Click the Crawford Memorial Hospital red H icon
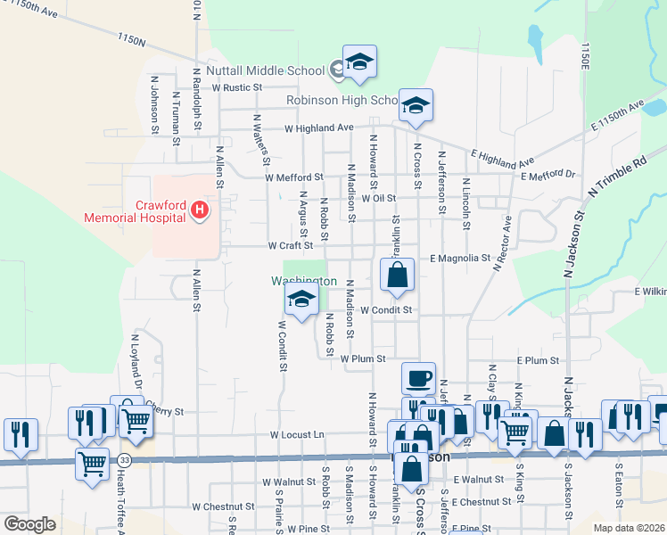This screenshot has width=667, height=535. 200,210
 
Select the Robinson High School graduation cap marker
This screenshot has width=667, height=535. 416,106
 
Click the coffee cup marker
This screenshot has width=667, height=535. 418,379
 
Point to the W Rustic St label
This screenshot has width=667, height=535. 238,87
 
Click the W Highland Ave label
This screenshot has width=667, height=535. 319,128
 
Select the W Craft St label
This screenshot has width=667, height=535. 291,245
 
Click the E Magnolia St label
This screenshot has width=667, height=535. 459,259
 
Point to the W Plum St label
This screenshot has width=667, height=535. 363,358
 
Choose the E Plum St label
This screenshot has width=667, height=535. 538,360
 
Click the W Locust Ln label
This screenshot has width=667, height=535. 298,435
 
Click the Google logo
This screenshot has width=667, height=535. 29,524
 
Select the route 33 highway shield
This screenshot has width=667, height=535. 124,459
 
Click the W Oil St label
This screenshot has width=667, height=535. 378,198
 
